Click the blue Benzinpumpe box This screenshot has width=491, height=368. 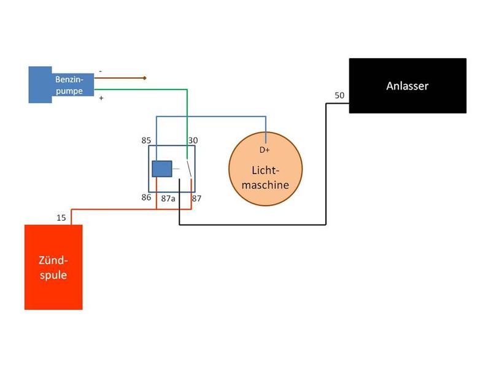click(x=61, y=85)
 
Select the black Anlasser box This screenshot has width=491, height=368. click(x=408, y=86)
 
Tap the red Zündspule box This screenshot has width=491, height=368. click(x=53, y=267)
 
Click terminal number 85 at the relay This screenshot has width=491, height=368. click(x=146, y=140)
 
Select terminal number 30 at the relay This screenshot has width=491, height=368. click(x=193, y=140)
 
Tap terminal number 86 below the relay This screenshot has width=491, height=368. click(x=146, y=199)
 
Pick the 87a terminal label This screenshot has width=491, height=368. click(x=168, y=199)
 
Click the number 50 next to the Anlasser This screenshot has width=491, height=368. click(x=339, y=96)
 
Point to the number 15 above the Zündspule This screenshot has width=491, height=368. click(x=62, y=217)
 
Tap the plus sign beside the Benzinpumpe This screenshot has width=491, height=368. click(x=101, y=98)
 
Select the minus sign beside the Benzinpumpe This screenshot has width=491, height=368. click(x=101, y=72)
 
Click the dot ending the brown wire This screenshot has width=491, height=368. click(x=145, y=78)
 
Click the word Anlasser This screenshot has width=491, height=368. click(x=408, y=86)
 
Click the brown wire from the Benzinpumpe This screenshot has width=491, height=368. click(x=120, y=78)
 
